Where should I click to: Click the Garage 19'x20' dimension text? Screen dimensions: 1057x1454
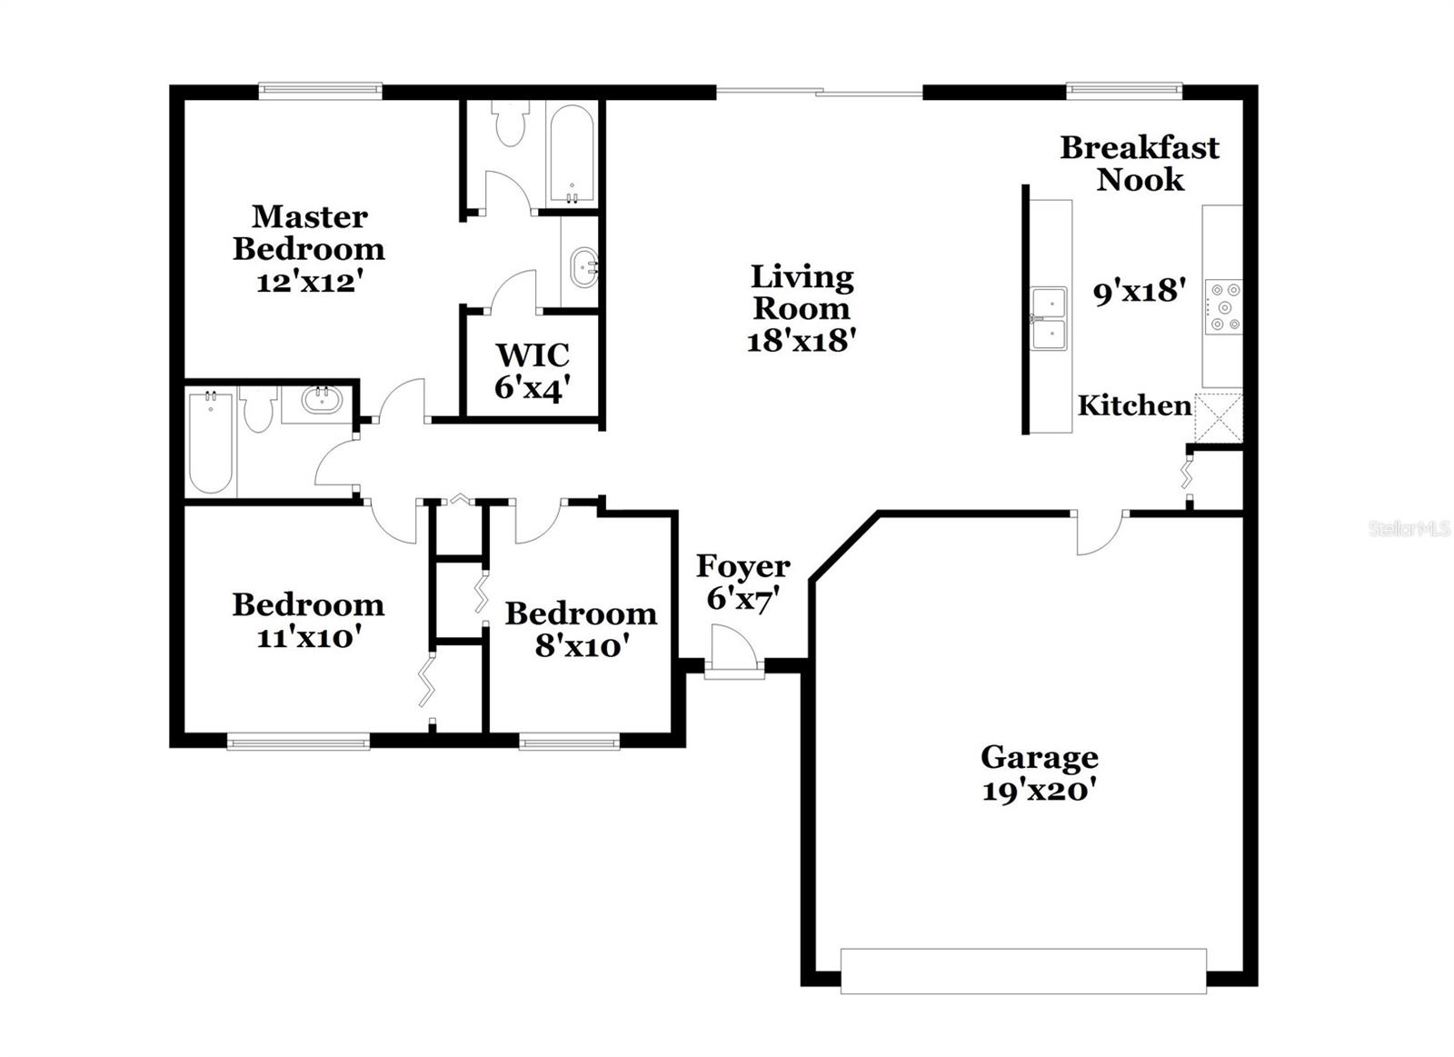pyautogui.click(x=1039, y=790)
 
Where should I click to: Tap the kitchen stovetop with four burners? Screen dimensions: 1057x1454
pyautogui.click(x=1223, y=306)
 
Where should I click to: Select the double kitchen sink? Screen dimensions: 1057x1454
pyautogui.click(x=1049, y=318)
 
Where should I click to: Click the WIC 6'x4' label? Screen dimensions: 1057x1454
pyautogui.click(x=533, y=370)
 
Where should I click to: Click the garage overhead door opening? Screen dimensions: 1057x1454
pyautogui.click(x=1023, y=971)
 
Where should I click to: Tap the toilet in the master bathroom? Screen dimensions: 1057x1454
pyautogui.click(x=508, y=125)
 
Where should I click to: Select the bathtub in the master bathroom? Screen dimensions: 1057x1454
pyautogui.click(x=573, y=153)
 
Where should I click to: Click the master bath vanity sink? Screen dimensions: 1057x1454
pyautogui.click(x=582, y=268)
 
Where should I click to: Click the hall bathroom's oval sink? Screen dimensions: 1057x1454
pyautogui.click(x=320, y=400)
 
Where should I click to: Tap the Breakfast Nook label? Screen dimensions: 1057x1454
pyautogui.click(x=1140, y=163)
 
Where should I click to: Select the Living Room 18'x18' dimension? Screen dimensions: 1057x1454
pyautogui.click(x=802, y=340)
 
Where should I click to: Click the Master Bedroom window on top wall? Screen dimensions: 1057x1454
pyautogui.click(x=320, y=90)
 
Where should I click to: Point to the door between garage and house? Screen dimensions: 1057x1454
pyautogui.click(x=1100, y=532)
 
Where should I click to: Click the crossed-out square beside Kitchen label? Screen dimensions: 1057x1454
pyautogui.click(x=1218, y=417)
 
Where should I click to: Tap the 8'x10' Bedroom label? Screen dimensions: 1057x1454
pyautogui.click(x=582, y=629)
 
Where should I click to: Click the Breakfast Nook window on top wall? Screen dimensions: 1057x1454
pyautogui.click(x=1123, y=90)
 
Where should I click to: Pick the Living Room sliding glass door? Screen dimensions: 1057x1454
pyautogui.click(x=820, y=91)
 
